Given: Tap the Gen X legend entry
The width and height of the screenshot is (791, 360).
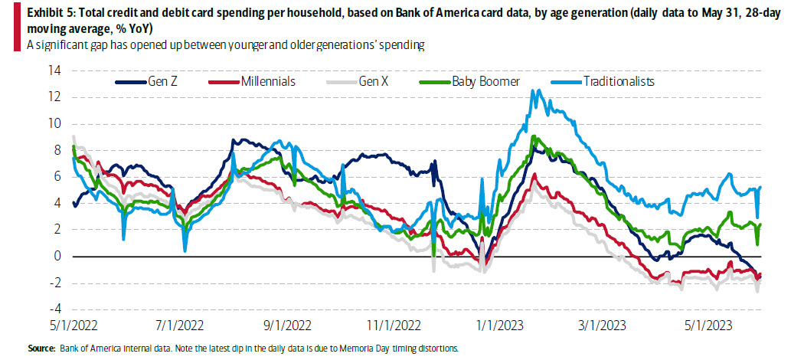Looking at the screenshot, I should coord(375,81).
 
